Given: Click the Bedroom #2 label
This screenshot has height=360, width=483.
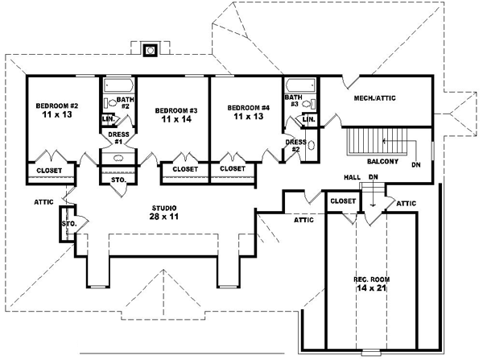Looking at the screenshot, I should tap(56, 106).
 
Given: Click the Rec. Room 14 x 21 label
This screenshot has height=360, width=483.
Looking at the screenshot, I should tap(371, 283).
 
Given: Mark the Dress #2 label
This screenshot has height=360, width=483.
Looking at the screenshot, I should tap(295, 146).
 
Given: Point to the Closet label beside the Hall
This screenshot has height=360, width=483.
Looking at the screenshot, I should tap(344, 201).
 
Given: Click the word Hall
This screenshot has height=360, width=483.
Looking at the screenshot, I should tap(353, 176).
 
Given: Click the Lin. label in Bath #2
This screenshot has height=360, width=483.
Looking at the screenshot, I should tap(107, 119).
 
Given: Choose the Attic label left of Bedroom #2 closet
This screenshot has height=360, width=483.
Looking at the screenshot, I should tap(44, 201).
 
